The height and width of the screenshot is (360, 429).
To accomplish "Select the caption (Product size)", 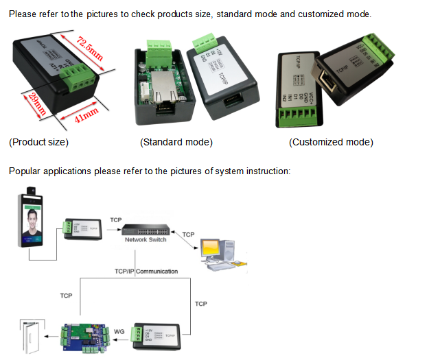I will [38, 143].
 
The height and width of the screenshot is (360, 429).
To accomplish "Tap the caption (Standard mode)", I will [176, 143].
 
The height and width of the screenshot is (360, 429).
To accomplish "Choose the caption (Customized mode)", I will [331, 143].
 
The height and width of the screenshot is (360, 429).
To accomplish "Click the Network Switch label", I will [146, 240].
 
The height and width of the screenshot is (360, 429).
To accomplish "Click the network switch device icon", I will [146, 229].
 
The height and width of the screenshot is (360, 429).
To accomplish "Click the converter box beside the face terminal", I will [82, 228].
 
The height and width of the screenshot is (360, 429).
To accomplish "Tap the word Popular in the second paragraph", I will [25, 171].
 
